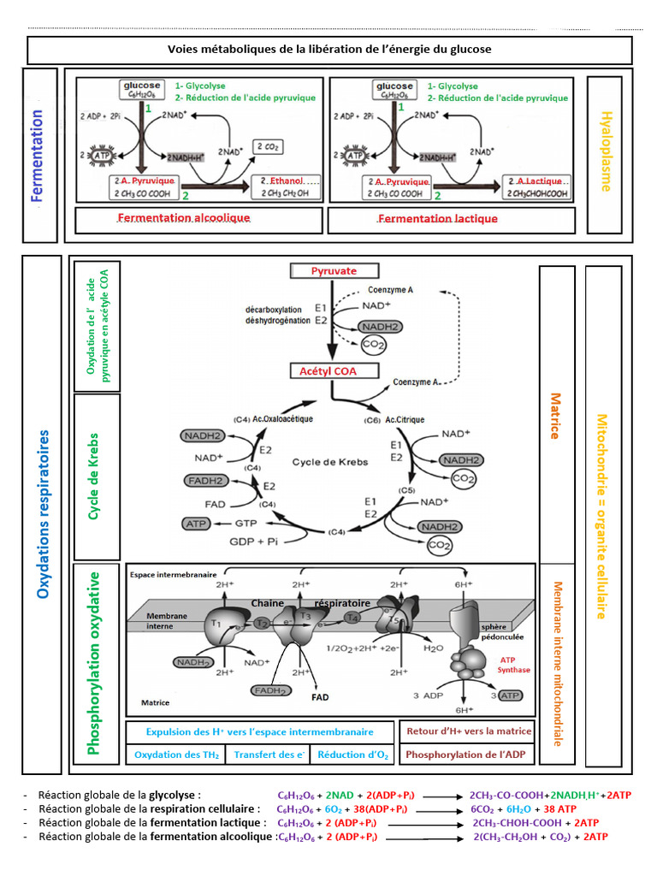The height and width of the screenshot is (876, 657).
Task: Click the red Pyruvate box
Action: [x=334, y=270]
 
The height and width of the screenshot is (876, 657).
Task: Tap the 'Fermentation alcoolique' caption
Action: [x=184, y=218]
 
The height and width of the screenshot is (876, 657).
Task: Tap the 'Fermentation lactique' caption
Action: [x=437, y=218]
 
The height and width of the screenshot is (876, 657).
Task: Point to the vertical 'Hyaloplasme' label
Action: [x=606, y=151]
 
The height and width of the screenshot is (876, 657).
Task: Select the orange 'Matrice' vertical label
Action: [x=554, y=416]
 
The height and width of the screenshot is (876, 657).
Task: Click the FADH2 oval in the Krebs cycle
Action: [x=206, y=481]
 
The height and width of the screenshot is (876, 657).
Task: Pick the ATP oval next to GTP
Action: [x=194, y=522]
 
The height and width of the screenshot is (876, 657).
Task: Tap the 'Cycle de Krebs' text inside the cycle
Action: [x=330, y=462]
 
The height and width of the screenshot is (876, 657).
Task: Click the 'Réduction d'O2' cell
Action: [x=352, y=755]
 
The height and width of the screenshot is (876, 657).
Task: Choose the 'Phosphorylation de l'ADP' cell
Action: [x=469, y=755]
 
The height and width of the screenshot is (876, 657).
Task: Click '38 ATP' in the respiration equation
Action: [x=561, y=808]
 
